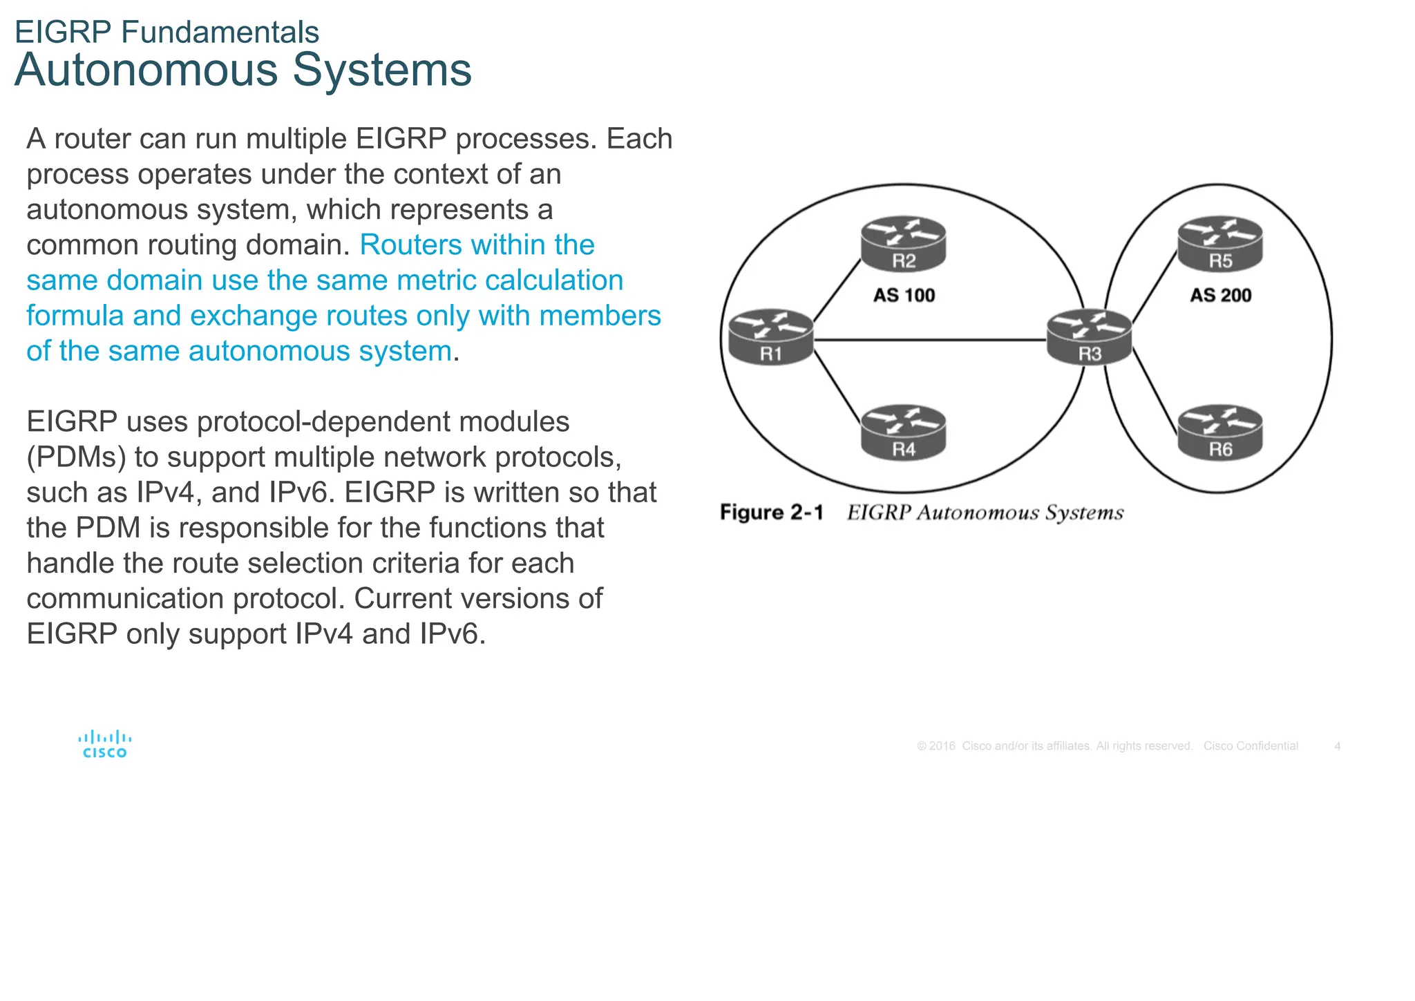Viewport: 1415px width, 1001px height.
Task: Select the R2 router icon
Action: (x=903, y=243)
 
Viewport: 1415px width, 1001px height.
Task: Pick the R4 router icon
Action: (x=903, y=432)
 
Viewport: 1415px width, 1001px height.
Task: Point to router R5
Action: (x=1220, y=243)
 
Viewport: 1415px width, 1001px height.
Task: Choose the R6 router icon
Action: (x=1220, y=432)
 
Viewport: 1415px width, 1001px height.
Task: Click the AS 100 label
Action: (x=904, y=296)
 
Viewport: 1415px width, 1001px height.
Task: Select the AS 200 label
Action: (x=1220, y=296)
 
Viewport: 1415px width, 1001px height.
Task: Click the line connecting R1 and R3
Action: (x=929, y=340)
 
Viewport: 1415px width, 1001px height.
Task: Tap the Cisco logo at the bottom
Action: (x=105, y=745)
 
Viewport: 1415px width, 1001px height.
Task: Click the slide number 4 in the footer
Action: (x=1338, y=746)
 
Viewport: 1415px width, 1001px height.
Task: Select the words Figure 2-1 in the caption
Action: (x=772, y=513)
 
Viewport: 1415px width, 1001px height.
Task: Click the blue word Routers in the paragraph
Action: (x=410, y=245)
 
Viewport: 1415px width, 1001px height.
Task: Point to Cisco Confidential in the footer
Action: (x=1251, y=746)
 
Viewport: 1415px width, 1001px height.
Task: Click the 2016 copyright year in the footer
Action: (x=942, y=746)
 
